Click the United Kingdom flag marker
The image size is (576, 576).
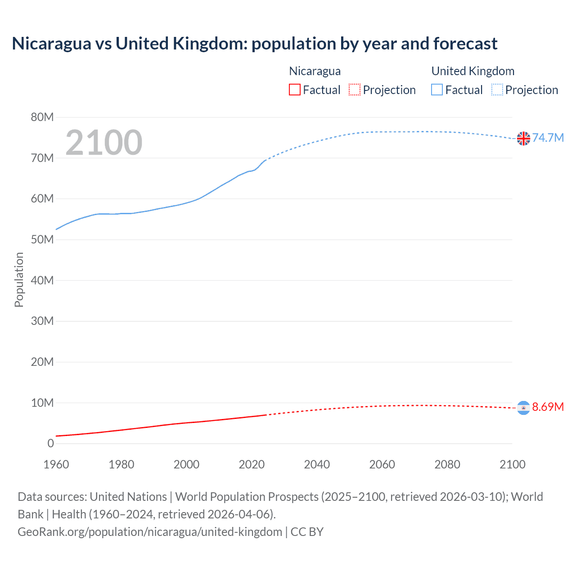click(x=523, y=139)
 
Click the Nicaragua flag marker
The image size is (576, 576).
click(x=523, y=407)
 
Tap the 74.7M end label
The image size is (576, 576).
click(x=548, y=138)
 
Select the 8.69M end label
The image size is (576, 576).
click(x=548, y=407)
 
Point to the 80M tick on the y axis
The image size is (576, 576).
click(x=42, y=117)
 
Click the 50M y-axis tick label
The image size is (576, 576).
click(x=42, y=240)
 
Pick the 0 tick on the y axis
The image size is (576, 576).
click(x=50, y=444)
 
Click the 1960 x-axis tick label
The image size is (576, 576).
click(x=56, y=464)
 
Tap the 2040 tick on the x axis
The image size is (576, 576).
click(x=317, y=464)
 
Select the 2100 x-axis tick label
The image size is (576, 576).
click(x=512, y=464)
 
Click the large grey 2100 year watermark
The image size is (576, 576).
click(x=104, y=143)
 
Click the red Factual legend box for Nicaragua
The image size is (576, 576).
click(x=294, y=90)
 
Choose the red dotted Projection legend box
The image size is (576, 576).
click(x=355, y=90)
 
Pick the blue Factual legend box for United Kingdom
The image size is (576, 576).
click(x=437, y=90)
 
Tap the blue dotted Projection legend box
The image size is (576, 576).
click(x=497, y=90)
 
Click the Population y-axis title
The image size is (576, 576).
click(x=19, y=279)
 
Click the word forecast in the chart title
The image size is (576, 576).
click(x=465, y=44)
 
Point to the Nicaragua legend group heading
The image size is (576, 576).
click(x=315, y=71)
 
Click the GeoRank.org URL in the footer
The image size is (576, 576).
click(x=150, y=532)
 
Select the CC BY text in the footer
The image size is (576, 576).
click(x=307, y=532)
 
